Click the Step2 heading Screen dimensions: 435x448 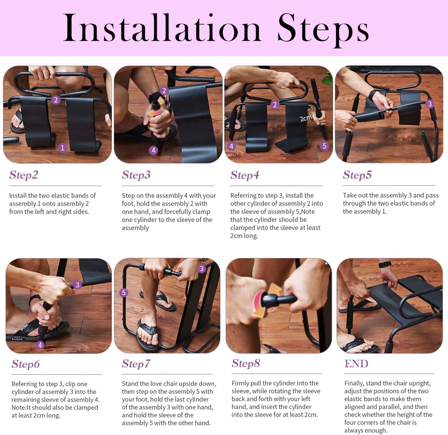tap(24, 175)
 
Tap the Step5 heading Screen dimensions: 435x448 tap(357, 175)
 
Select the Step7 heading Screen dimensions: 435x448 tap(136, 364)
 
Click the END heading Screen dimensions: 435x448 tap(356, 364)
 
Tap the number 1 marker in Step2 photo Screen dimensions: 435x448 tap(62, 148)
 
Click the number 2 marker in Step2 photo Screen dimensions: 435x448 tap(56, 100)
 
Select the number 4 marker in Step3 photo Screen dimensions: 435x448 tap(153, 150)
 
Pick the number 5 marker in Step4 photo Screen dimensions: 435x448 tap(324, 146)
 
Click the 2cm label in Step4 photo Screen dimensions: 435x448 tap(306, 119)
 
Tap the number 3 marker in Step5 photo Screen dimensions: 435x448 tap(429, 104)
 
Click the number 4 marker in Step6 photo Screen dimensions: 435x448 tap(40, 345)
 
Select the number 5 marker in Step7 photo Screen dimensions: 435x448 tap(124, 292)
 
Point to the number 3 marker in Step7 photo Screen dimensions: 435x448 tap(202, 269)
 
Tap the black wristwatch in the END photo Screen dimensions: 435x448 tap(385, 264)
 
